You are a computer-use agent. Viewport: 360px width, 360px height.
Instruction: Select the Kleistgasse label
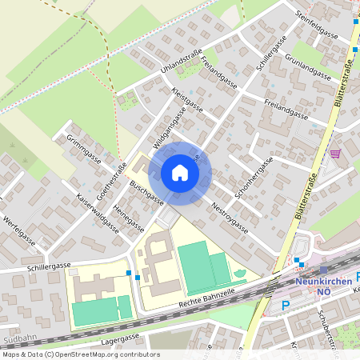[189, 102]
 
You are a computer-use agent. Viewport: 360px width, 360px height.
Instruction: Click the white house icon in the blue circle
[180, 172]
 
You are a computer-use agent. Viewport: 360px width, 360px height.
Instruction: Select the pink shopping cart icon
[335, 153]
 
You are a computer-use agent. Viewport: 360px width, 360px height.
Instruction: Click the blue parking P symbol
[286, 305]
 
